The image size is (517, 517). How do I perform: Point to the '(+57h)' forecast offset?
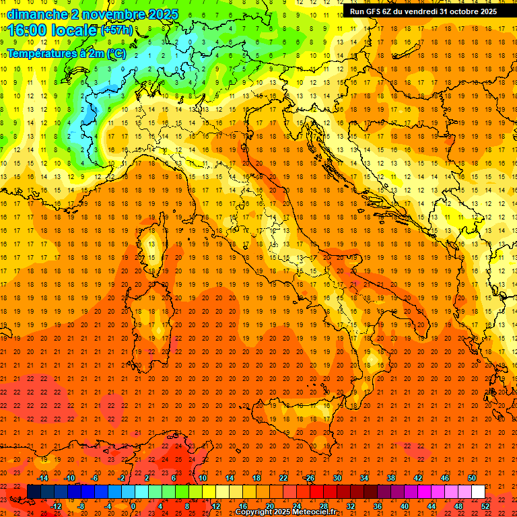click(x=116, y=30)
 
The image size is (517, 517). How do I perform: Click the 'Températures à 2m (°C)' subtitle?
click(x=66, y=53)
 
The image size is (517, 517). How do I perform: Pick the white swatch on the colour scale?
click(x=478, y=492)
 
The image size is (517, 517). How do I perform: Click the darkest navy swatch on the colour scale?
click(x=34, y=492)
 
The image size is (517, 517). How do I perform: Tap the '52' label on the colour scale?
click(x=485, y=506)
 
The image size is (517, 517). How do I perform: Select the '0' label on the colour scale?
click(x=134, y=506)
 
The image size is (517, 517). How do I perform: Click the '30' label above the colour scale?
click(x=337, y=478)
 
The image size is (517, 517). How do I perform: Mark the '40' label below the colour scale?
click(x=405, y=506)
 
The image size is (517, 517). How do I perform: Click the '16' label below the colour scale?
click(x=242, y=506)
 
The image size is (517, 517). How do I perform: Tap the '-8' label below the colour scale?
click(x=81, y=506)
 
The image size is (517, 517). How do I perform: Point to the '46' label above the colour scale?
click(x=445, y=478)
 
